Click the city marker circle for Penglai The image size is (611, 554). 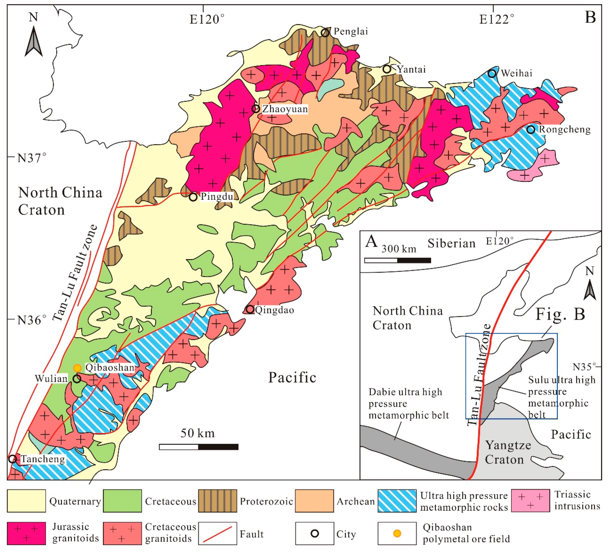point(325,32)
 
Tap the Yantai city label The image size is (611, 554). point(411,69)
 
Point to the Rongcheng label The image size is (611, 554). point(564,129)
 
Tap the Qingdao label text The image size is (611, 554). point(274,310)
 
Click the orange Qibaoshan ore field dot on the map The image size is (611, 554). point(77,368)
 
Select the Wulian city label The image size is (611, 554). point(51,379)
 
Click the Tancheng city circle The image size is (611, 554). point(12,459)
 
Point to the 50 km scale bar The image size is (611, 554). point(199,447)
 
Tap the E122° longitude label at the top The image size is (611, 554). point(496,19)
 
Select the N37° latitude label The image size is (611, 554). point(32,158)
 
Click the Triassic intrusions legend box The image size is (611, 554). point(530,500)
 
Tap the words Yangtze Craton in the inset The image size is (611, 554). point(508,452)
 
